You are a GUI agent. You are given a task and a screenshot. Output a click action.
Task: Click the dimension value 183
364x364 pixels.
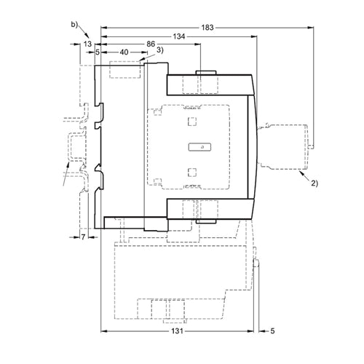[207, 28]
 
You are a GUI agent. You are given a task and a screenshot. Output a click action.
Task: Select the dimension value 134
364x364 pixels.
[179, 36]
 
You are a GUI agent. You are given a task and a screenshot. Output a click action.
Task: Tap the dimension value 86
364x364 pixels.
[151, 44]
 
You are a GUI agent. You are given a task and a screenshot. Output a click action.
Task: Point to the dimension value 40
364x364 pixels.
[124, 52]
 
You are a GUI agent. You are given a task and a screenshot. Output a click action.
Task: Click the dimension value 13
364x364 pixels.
[87, 44]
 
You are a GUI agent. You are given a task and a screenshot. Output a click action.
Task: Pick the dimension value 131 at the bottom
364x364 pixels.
[177, 331]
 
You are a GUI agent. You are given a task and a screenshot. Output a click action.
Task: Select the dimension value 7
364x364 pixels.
[83, 237]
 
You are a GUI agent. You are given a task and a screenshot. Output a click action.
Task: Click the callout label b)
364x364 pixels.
[74, 24]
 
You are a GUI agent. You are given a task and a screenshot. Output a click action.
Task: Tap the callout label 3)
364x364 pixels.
[160, 50]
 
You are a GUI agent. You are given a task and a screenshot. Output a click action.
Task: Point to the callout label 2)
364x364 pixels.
[314, 183]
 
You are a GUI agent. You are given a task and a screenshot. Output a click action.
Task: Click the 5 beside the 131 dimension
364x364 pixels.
[272, 331]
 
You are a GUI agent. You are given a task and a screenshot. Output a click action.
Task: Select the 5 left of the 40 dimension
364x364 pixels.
[98, 52]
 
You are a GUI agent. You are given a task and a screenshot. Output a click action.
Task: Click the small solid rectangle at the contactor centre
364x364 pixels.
[199, 147]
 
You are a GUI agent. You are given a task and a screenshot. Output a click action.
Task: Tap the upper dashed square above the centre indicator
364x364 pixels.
[192, 122]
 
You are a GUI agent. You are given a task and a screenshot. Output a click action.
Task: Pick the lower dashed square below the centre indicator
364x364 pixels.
[192, 173]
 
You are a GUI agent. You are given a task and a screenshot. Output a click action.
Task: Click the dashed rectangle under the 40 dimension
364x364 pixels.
[125, 70]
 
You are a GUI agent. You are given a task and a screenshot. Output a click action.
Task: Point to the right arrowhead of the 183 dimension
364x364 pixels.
[311, 28]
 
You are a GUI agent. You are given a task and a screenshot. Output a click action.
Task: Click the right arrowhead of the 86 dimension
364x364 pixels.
[198, 44]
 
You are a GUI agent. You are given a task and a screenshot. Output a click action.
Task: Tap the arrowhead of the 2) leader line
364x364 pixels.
[301, 173]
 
